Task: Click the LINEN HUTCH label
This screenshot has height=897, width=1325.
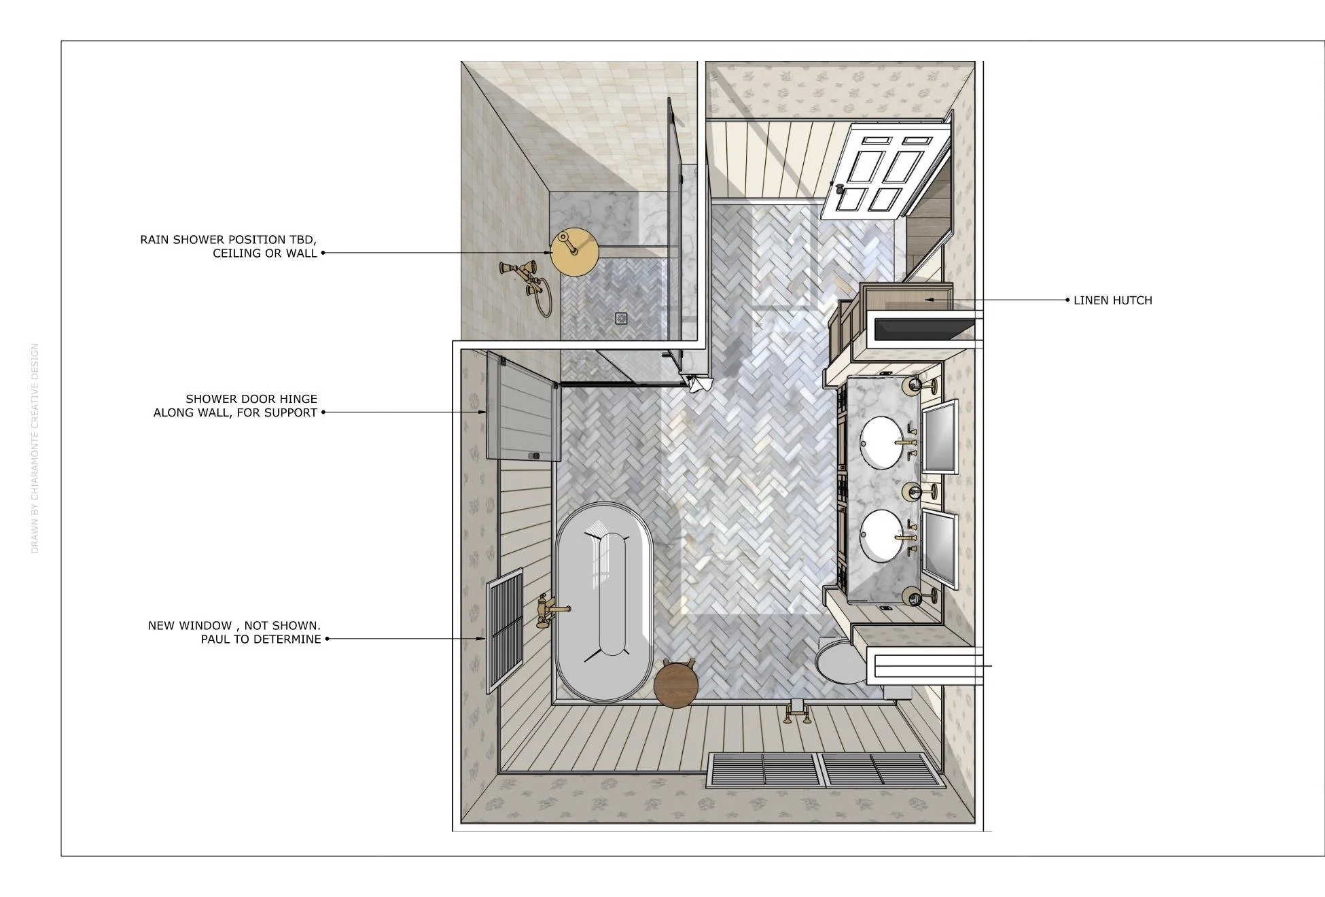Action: (1112, 300)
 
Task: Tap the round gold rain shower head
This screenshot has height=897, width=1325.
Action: (575, 252)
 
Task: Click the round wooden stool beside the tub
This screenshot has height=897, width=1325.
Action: (676, 685)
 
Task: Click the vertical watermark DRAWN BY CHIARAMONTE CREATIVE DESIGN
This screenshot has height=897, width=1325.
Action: (35, 448)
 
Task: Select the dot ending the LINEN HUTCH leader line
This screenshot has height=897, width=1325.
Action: (1067, 300)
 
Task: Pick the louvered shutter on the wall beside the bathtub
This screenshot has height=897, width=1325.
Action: (505, 631)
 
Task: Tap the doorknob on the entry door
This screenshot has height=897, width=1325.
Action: (840, 189)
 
